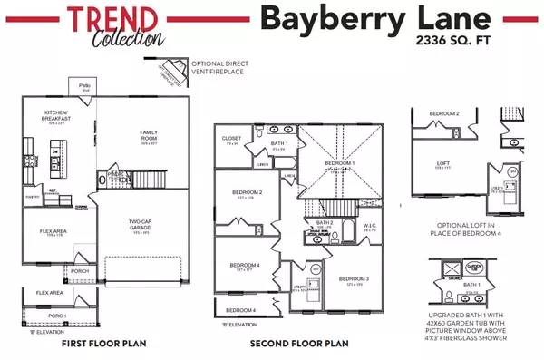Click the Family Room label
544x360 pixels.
click(149, 135)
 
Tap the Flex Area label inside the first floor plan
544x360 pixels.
click(53, 231)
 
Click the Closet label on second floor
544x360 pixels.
click(232, 139)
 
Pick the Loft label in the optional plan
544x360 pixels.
click(443, 163)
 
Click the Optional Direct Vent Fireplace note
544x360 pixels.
click(221, 66)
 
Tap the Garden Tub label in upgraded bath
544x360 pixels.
click(474, 268)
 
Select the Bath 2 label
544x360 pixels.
click(325, 221)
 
